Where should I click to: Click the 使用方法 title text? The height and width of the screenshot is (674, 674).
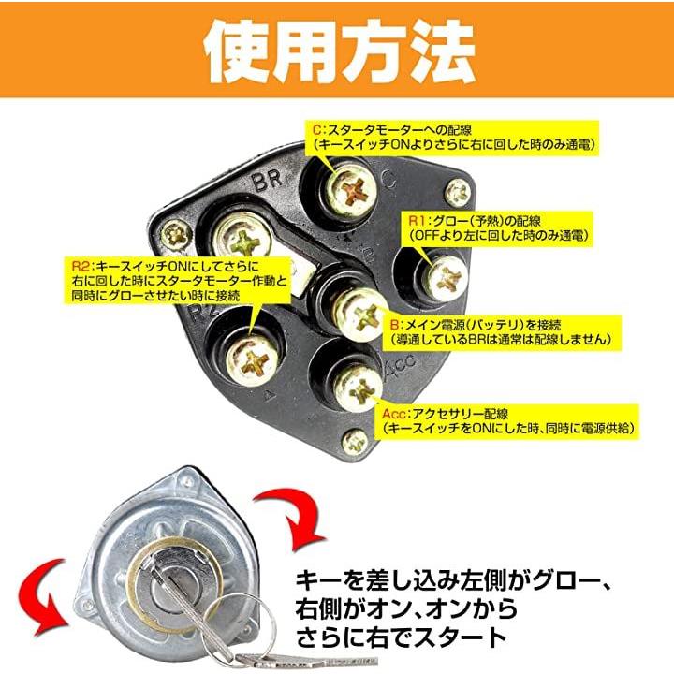click(340, 51)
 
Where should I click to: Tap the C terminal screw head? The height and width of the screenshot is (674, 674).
click(351, 191)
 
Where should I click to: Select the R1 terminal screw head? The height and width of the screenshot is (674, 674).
click(444, 277)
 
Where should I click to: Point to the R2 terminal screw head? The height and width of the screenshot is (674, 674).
click(252, 359)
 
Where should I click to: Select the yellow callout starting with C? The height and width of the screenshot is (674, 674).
click(452, 137)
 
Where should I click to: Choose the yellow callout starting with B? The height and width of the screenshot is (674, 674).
click(500, 332)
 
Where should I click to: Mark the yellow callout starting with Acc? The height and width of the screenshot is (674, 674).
click(506, 421)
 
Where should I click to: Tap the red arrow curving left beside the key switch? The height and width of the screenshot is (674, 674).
click(45, 597)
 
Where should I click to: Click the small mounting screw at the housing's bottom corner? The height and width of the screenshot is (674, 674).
click(355, 442)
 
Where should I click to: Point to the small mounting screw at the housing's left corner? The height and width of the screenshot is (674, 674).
click(177, 235)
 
